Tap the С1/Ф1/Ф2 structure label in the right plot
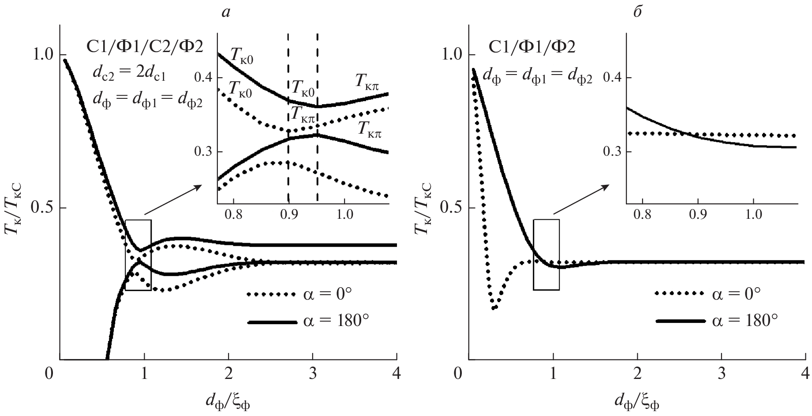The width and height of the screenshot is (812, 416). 531,46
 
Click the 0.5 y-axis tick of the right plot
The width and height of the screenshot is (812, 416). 450,207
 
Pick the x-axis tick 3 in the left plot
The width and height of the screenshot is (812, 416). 312,373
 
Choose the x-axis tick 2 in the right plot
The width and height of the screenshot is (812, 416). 637,373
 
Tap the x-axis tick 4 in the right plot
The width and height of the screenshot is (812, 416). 806,373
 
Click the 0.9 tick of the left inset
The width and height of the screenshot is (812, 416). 289,216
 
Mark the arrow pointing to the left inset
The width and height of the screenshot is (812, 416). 173,199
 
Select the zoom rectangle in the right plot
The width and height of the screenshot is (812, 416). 546,255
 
